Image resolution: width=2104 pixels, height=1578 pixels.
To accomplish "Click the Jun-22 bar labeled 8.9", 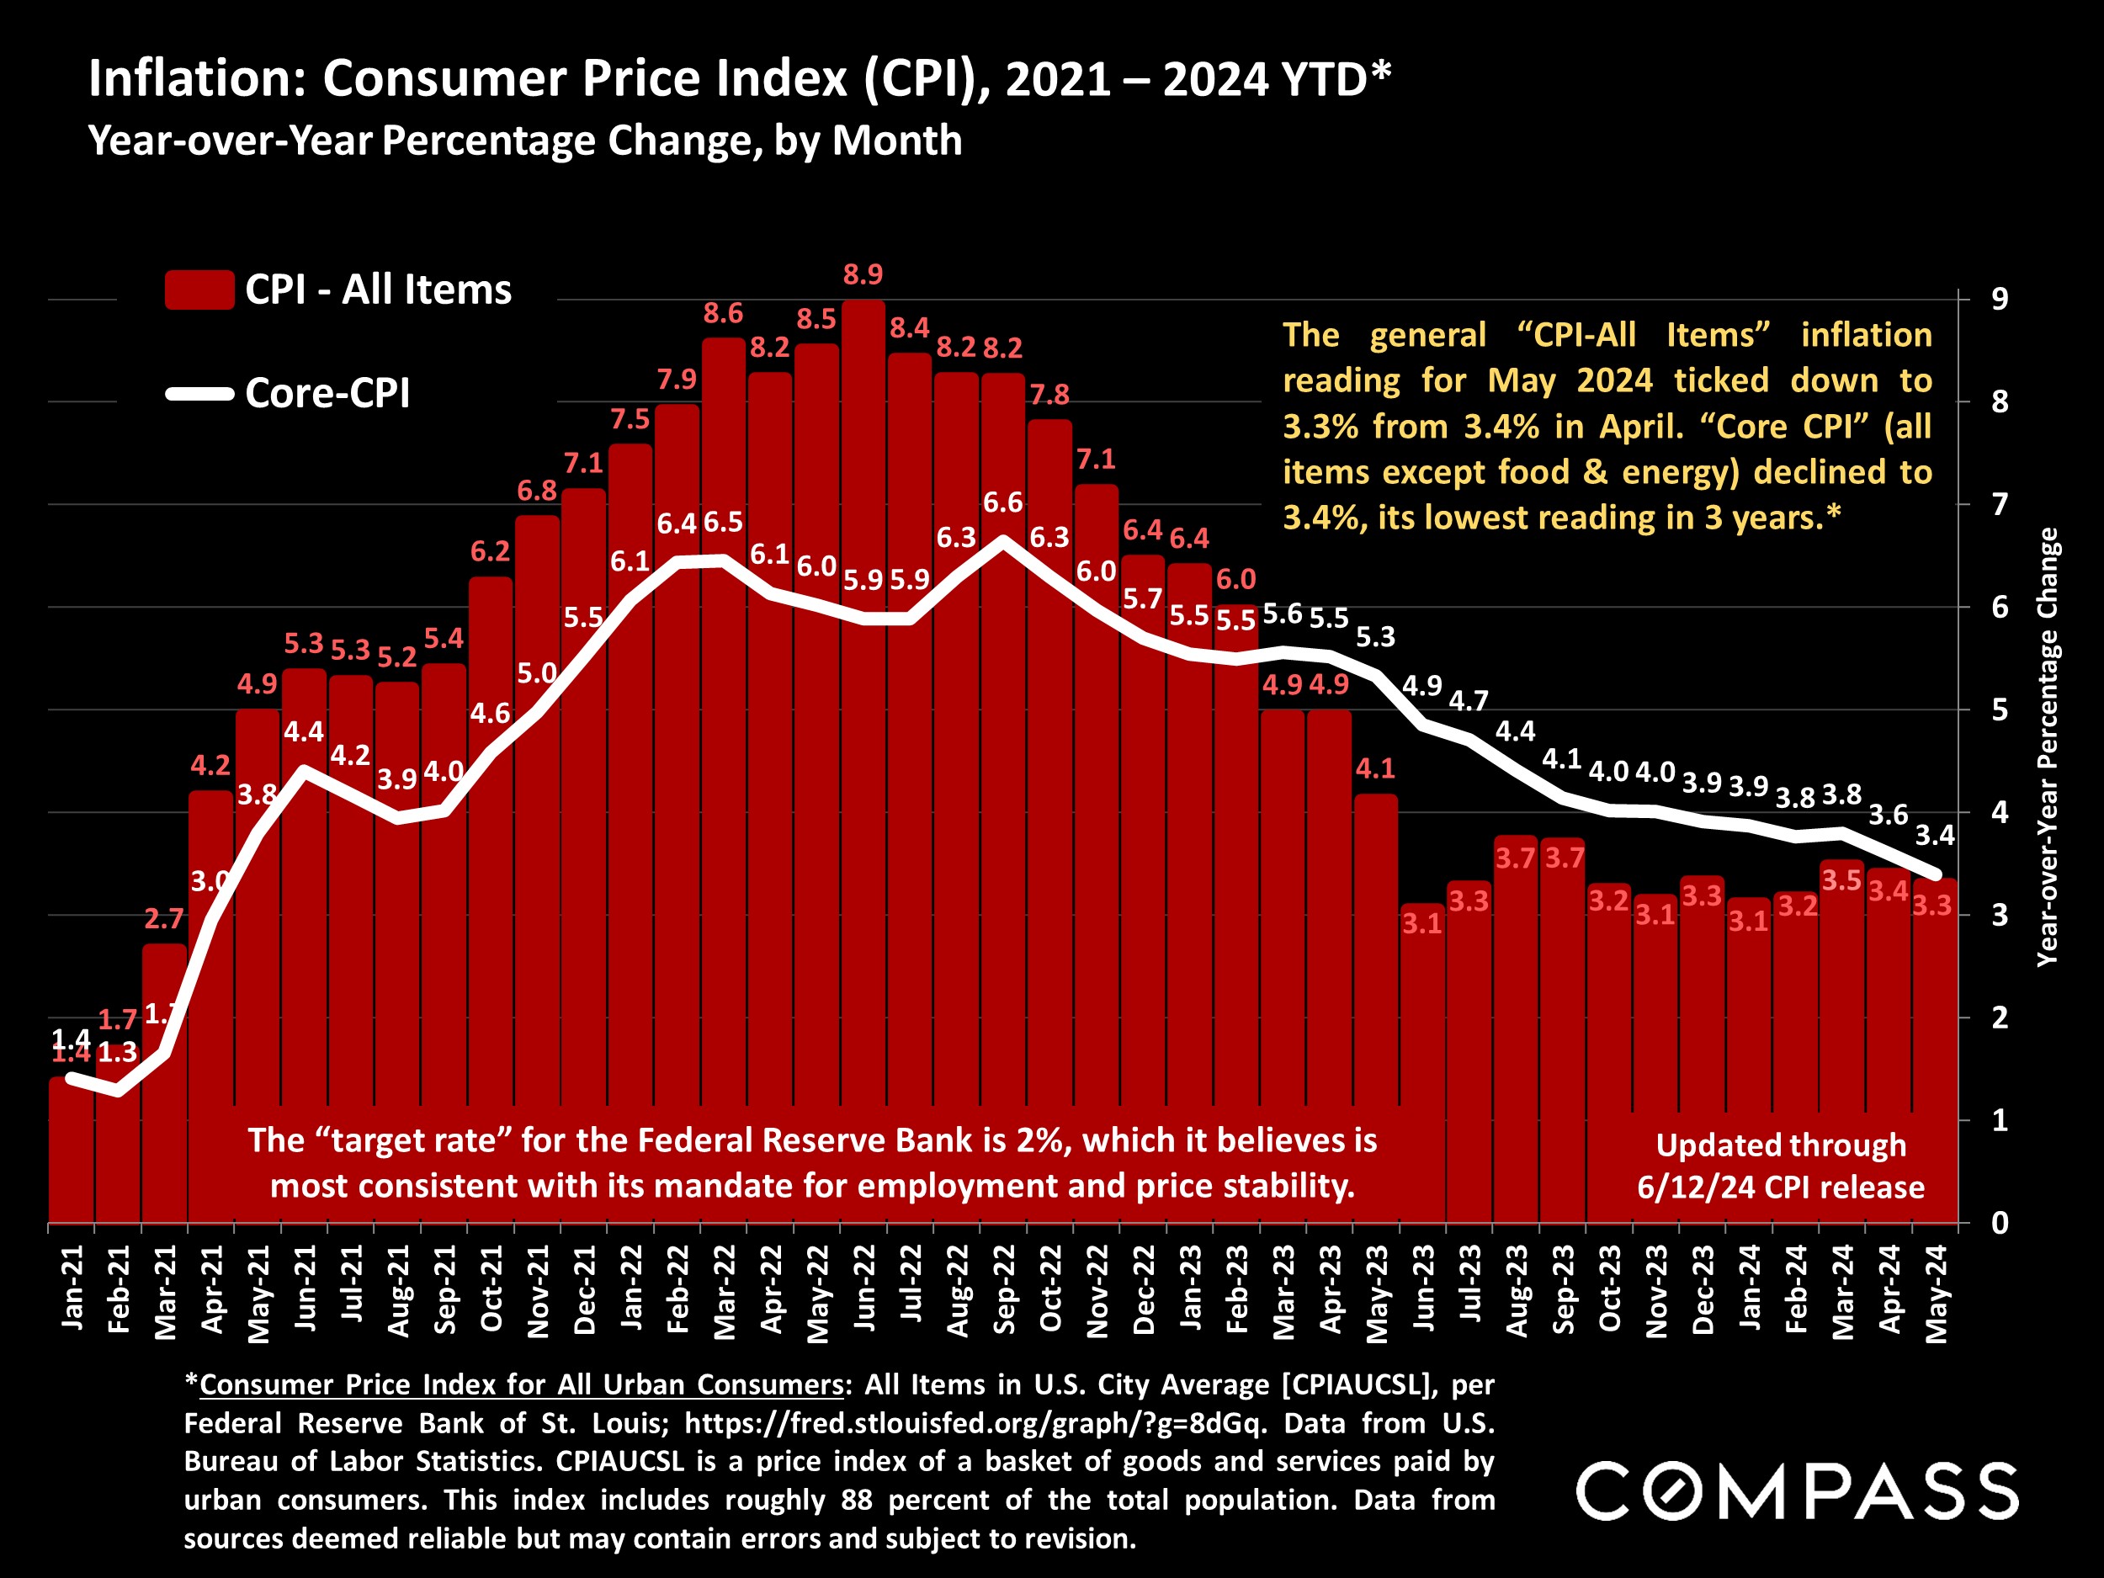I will tap(863, 761).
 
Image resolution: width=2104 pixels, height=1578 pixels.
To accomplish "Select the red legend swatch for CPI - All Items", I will tap(199, 290).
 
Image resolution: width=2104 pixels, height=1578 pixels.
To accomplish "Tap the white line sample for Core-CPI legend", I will tap(199, 394).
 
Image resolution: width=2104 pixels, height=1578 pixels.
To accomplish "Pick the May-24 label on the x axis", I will tap(1937, 1294).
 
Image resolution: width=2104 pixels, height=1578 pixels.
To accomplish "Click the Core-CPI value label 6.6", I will tap(1003, 503).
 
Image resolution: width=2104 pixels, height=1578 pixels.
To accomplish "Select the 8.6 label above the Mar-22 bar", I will tap(723, 314).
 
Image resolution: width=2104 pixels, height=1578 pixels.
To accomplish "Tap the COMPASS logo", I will tap(1797, 1491).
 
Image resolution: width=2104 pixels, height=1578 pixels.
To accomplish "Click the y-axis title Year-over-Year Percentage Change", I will tap(2047, 746).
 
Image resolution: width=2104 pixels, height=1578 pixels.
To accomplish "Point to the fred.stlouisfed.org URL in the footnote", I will tap(975, 1424).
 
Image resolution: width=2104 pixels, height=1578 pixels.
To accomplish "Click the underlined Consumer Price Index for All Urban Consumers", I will tap(521, 1385).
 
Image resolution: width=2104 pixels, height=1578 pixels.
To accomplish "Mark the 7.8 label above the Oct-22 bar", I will tap(1049, 395).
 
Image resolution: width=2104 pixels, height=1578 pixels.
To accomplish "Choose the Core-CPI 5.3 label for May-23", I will tap(1375, 637).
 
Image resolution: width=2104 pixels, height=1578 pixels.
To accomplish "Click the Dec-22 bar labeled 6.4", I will tap(1143, 885).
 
